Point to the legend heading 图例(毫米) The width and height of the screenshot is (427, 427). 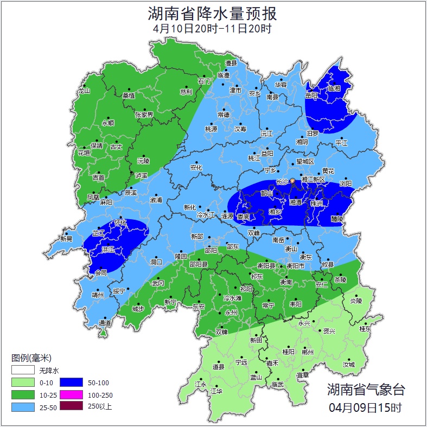[31, 358]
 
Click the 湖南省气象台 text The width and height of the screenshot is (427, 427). [366, 389]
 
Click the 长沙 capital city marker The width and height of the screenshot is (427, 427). [292, 181]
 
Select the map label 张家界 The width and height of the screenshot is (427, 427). [144, 114]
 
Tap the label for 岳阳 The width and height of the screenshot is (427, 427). [311, 95]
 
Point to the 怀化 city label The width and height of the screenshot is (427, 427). [120, 222]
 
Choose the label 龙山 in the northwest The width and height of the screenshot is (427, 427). [83, 91]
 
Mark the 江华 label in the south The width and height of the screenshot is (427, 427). [216, 391]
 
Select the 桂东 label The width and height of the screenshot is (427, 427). [366, 329]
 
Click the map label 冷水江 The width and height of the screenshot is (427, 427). [205, 215]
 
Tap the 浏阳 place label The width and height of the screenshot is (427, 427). [345, 183]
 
